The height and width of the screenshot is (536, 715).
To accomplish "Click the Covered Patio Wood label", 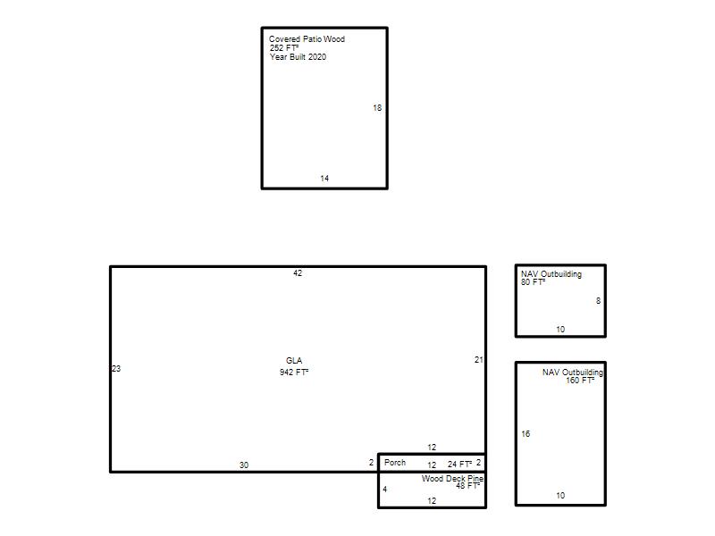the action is (307, 39).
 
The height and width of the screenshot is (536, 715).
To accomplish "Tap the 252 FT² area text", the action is (284, 48).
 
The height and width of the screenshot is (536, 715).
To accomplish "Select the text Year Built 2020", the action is (298, 57).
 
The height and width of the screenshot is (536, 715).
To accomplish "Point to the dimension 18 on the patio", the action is (377, 108).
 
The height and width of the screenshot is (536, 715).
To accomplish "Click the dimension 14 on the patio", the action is (324, 178).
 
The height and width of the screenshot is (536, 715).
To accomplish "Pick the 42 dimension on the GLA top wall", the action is (298, 273).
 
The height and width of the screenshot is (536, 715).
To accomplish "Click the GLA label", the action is (294, 361).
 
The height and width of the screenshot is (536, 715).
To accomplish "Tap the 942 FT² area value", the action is (294, 373).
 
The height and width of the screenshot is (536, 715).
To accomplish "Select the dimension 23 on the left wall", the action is (116, 369).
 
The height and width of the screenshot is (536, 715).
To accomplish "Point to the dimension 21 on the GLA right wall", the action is (478, 360).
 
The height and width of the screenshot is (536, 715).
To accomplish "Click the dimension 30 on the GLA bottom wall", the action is (244, 465).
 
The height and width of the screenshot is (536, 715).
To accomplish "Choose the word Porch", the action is (395, 463).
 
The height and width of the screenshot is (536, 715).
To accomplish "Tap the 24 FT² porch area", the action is (459, 464).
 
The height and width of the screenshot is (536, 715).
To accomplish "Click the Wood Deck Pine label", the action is (452, 479).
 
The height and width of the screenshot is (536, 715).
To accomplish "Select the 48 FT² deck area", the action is (467, 486).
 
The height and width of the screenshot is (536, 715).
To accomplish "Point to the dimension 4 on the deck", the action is (385, 490).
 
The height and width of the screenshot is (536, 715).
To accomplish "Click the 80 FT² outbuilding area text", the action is (533, 282).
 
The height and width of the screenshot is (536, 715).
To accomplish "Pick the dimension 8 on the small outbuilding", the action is (598, 301).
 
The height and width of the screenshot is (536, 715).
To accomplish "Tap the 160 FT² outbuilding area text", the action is (580, 381).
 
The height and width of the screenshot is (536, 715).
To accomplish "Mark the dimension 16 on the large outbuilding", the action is (526, 434).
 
